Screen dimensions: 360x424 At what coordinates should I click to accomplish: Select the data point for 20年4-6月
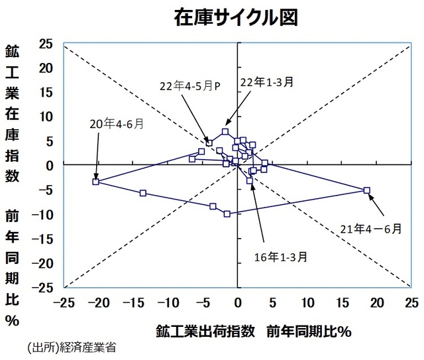pos(95,181)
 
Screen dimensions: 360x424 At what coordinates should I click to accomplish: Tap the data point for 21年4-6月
pos(366,190)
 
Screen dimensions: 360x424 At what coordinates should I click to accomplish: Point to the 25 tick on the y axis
pos(46,44)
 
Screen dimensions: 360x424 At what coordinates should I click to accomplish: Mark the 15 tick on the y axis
pos(46,93)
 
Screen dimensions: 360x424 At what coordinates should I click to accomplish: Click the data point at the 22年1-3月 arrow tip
pos(225,131)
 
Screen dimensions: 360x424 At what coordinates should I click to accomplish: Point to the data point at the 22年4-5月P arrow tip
pos(209,143)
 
